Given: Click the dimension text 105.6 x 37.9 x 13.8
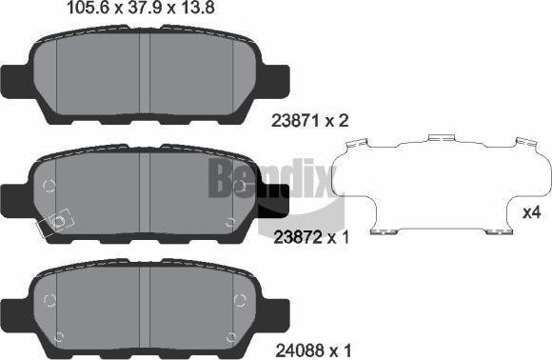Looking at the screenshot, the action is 140,8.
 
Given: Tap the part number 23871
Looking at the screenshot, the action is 296,121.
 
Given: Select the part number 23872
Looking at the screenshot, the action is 298,238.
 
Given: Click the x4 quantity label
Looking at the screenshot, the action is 532,212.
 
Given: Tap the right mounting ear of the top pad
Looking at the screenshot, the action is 275,81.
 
